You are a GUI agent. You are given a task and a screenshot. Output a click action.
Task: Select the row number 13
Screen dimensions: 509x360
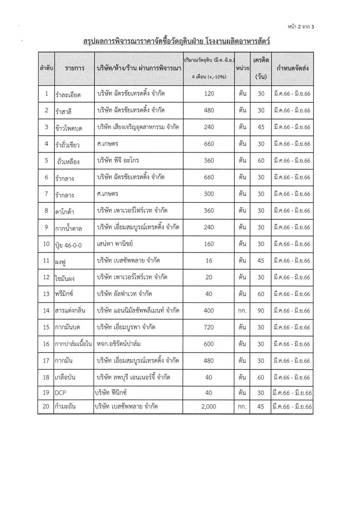click(46, 294)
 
